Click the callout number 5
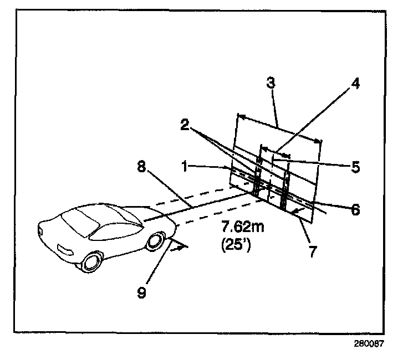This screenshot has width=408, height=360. [356, 166]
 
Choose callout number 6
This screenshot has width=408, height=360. [355, 209]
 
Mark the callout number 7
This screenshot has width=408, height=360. [313, 252]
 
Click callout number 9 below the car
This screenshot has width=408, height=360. [142, 292]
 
